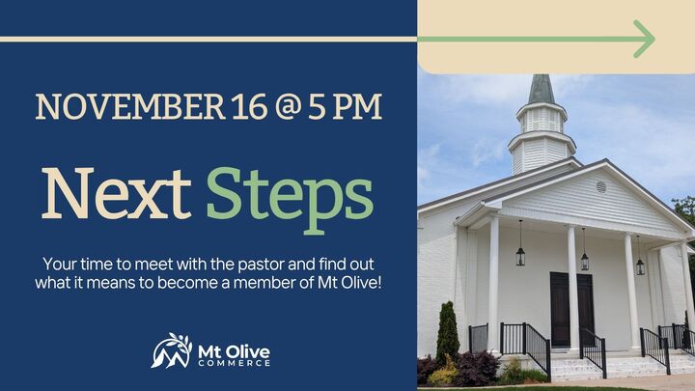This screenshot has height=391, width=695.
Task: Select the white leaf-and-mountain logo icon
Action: coord(171,350)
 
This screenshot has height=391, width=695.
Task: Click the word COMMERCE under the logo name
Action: coord(234,362)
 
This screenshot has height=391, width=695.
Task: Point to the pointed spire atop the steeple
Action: coord(542,88)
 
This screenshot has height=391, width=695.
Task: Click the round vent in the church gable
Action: coord(601,186)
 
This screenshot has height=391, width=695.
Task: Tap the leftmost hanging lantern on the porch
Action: coord(521,255)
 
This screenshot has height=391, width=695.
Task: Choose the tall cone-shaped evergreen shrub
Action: coord(447,334)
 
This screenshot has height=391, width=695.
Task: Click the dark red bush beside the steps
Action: coord(477,368)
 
